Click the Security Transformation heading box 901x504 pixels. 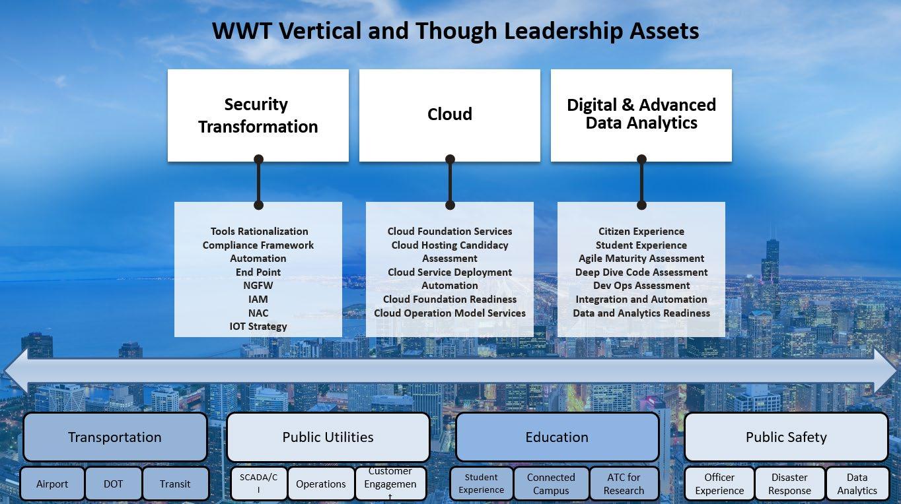[258, 115]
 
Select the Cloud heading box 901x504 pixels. [449, 115]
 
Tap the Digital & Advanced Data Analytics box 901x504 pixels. [641, 115]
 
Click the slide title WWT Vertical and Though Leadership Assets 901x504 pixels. [455, 31]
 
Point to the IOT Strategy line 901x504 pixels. [258, 326]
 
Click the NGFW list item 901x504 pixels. [258, 286]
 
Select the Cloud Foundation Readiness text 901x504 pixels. [450, 299]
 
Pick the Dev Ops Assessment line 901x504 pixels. [641, 286]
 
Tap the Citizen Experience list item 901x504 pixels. [641, 231]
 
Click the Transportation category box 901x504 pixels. [115, 437]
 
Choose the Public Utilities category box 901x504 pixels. [328, 437]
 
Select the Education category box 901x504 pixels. [557, 437]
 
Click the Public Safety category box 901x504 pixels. [786, 437]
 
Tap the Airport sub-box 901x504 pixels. [52, 484]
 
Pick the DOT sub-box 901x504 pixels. [114, 484]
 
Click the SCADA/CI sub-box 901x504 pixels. [258, 484]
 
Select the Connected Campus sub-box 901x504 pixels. [551, 484]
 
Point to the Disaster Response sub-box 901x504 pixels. [789, 484]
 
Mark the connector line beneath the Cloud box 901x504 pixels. [450, 182]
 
